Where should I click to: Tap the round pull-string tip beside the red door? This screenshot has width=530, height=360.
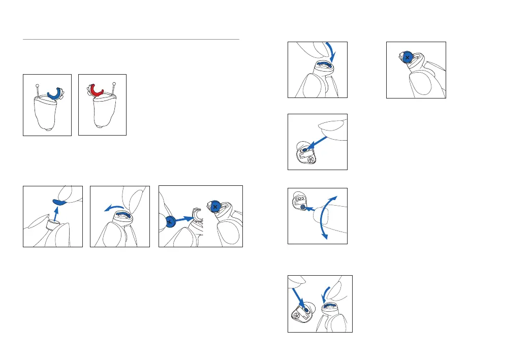(x=115, y=84)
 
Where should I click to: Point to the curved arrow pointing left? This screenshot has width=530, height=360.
(x=113, y=207)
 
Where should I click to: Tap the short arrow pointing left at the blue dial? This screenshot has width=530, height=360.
(x=310, y=209)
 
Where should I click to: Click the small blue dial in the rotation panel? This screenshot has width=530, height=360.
(x=303, y=207)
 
